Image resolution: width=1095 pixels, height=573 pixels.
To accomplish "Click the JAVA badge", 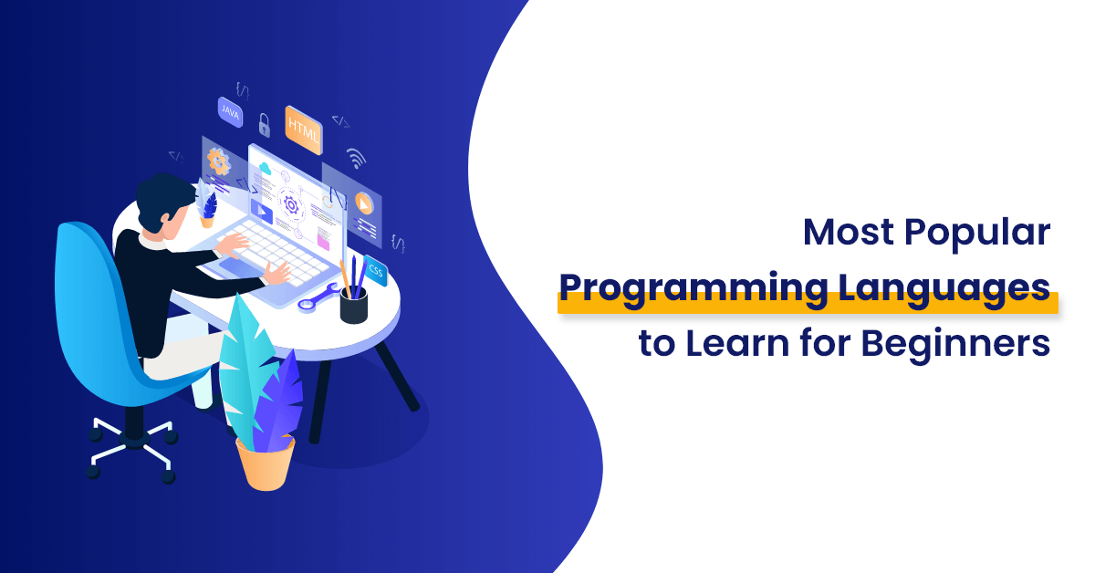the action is (230, 112).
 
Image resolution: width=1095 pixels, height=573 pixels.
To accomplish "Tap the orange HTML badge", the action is (304, 130).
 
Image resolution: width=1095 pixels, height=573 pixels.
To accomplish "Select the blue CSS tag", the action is (375, 270).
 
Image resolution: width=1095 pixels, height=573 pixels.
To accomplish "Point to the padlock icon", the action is (264, 125).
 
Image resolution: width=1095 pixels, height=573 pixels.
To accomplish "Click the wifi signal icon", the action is (356, 158).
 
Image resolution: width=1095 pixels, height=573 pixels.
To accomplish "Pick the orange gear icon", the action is (218, 161).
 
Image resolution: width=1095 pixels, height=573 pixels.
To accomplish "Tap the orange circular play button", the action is (363, 203).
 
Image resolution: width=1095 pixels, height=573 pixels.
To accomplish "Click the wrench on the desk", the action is (318, 297).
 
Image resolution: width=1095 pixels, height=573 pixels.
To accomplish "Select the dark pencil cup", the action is (353, 305).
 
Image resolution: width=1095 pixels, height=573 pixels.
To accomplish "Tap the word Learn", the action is (737, 343).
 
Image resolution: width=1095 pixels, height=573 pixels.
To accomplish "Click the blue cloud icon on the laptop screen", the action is (265, 169).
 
